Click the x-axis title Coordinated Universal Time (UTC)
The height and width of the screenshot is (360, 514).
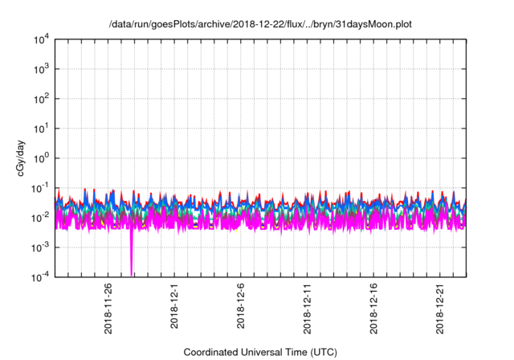[260, 352]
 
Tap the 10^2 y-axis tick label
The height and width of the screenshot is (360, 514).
[41, 99]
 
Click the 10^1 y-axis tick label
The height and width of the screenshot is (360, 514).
[41, 129]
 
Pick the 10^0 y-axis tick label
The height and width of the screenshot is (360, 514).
[41, 158]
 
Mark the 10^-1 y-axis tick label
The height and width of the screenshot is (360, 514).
[41, 188]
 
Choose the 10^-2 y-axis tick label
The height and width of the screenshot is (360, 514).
[41, 218]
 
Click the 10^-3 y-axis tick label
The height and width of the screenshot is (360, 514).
[41, 247]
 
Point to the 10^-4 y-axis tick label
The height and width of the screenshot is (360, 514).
[41, 277]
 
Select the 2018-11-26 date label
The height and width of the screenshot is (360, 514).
[108, 309]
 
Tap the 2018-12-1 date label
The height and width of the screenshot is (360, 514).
[175, 306]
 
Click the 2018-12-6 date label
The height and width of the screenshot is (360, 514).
[241, 306]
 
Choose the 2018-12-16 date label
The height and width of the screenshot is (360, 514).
[373, 309]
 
